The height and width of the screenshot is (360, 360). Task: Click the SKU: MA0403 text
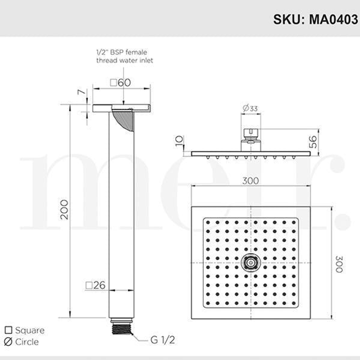pos(315,19)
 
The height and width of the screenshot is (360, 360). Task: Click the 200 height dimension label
pos(64,210)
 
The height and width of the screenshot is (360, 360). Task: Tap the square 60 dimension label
pos(121,82)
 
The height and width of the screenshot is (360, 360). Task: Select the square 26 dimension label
pos(96,285)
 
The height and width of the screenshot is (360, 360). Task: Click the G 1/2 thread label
pos(162,340)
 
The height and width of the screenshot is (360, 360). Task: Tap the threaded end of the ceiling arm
pos(121,327)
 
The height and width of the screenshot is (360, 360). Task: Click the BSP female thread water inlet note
pos(124,56)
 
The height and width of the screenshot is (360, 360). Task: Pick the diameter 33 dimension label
pos(250,108)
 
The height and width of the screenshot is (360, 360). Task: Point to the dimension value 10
pos(180,140)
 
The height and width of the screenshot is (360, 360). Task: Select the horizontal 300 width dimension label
pos(250,181)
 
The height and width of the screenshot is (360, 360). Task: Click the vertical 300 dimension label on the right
pos(339,264)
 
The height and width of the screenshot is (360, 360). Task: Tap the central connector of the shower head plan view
pos(250,263)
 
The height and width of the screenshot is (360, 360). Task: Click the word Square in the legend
pos(30,330)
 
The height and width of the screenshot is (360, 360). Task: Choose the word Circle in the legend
pos(27,342)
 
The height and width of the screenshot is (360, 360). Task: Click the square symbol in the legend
pos(9,330)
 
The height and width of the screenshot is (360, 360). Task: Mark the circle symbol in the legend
pos(9,342)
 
